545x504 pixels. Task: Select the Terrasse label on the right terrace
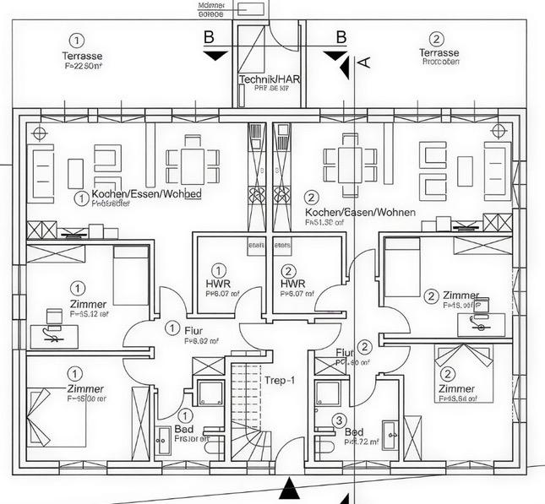click(438, 52)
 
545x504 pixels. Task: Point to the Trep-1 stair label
click(280, 381)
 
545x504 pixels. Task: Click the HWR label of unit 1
click(218, 284)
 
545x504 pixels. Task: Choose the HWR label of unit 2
click(292, 284)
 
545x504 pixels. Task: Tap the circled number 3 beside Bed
click(339, 420)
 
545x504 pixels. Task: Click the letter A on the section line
click(364, 62)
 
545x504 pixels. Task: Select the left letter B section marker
click(208, 37)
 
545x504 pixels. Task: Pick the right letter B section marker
click(341, 37)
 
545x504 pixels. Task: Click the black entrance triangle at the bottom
click(289, 487)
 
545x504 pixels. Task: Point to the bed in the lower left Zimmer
click(46, 404)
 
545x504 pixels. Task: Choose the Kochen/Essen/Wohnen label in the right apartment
click(360, 212)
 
